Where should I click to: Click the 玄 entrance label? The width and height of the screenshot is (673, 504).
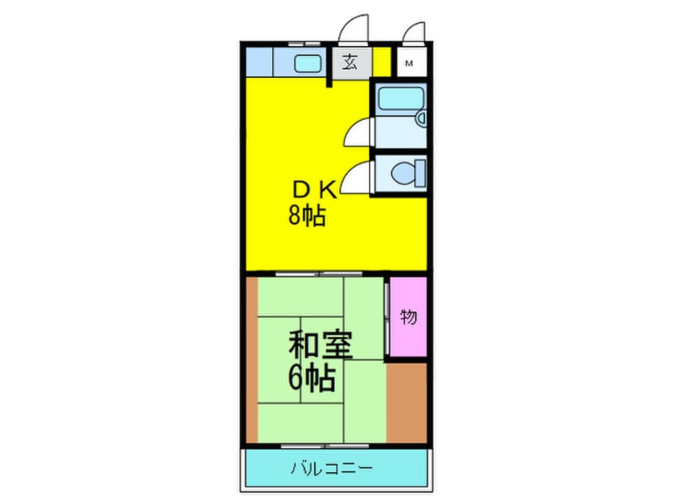[x=349, y=63]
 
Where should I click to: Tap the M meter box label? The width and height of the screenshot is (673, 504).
[x=410, y=63]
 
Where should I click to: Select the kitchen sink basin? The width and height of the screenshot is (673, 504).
[x=305, y=63]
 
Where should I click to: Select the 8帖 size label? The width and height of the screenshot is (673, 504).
[x=306, y=215]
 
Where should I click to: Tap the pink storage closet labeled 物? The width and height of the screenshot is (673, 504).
[x=408, y=318]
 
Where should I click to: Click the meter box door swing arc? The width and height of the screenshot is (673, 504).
[x=413, y=33]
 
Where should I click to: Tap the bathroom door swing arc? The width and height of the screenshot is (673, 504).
[x=357, y=130]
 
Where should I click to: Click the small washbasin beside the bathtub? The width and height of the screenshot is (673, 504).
[x=422, y=120]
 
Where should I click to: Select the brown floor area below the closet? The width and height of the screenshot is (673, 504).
[x=407, y=401]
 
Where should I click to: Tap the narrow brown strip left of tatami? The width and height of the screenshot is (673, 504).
[x=251, y=358]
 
